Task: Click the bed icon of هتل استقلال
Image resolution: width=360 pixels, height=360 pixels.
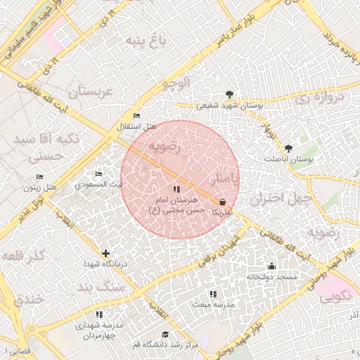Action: (136, 116)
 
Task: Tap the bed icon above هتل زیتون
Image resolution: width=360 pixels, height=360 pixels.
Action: (39, 176)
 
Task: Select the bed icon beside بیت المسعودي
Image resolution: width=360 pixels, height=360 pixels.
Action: (98, 174)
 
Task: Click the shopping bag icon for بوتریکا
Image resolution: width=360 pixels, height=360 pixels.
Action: (223, 202)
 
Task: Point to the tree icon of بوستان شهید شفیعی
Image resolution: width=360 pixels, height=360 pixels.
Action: (229, 95)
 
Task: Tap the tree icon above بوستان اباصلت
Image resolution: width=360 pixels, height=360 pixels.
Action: (288, 148)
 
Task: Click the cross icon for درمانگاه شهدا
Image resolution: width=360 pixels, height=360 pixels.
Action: (105, 253)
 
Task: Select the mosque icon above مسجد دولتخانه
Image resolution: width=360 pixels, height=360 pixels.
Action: (271, 266)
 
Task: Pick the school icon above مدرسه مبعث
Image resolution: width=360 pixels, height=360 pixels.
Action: (213, 294)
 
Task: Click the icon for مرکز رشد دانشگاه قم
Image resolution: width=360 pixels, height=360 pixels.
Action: (165, 335)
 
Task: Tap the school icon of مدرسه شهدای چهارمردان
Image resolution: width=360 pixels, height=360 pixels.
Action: (99, 314)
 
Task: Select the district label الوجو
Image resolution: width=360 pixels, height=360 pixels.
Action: (176, 84)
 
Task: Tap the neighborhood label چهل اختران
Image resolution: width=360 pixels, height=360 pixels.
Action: (281, 198)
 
